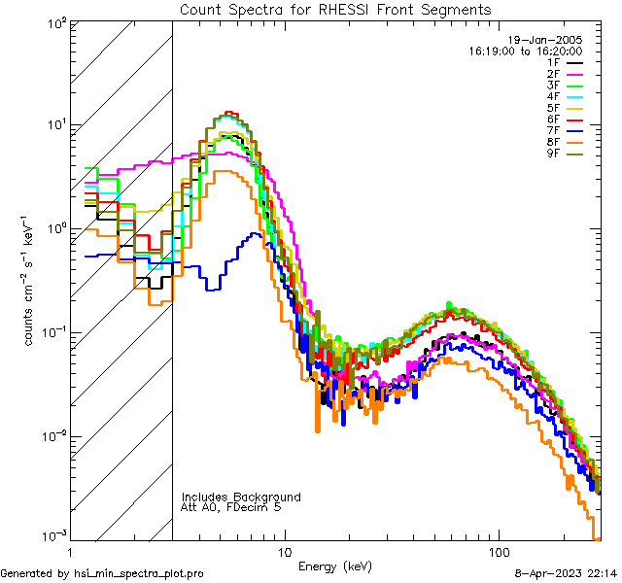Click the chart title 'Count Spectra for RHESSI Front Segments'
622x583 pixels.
pyautogui.click(x=335, y=9)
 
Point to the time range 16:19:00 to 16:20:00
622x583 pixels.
pyautogui.click(x=526, y=51)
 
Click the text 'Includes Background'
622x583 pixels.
pyautogui.click(x=241, y=497)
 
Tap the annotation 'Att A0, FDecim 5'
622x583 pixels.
pyautogui.click(x=231, y=507)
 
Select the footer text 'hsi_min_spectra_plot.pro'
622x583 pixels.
pyautogui.click(x=139, y=573)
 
